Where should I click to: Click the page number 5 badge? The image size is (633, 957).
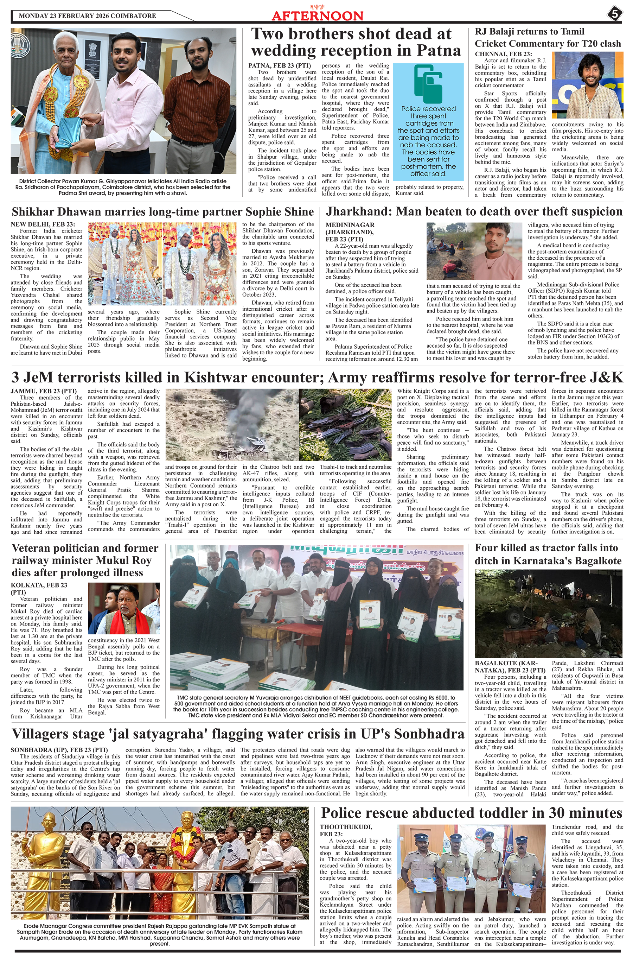point(614,14)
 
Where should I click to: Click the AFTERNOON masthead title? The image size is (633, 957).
point(317,16)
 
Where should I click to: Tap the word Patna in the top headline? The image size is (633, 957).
point(439,50)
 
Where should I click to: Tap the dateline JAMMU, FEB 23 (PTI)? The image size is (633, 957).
point(44,391)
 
